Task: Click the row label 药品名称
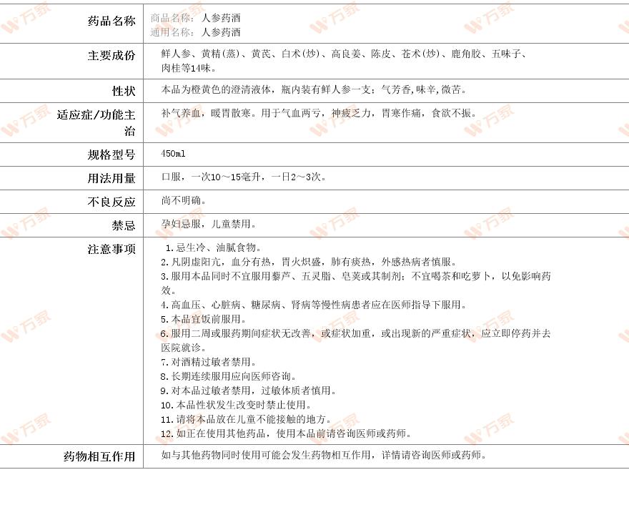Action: pos(111,21)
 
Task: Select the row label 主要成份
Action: pos(111,55)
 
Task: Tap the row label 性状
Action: pos(123,91)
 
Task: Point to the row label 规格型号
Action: pos(111,154)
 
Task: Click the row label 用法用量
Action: pos(111,178)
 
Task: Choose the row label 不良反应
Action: pos(111,202)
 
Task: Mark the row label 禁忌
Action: pos(123,225)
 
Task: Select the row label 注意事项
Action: pos(111,249)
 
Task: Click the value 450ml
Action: pos(173,154)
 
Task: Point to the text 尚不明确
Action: pos(184,200)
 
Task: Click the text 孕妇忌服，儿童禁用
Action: pos(208,224)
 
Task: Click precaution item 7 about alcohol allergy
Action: pos(208,362)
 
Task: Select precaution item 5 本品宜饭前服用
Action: pos(203,319)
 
